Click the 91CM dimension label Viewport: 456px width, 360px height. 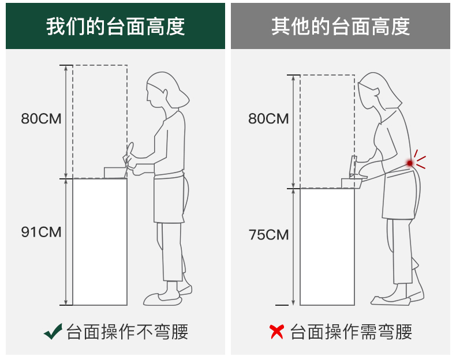[41, 232]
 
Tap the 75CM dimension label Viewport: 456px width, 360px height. [268, 235]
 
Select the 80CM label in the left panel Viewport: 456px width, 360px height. [41, 119]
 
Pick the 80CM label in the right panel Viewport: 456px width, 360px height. [268, 119]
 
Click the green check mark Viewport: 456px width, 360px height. [53, 332]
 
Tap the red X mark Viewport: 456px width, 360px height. [276, 332]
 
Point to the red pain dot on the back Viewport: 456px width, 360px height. [410, 163]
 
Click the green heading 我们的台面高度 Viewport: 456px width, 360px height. [115, 27]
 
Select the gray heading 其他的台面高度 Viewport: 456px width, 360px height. [341, 27]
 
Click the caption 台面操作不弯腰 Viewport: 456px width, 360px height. [128, 332]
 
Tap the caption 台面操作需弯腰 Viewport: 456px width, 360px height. [351, 332]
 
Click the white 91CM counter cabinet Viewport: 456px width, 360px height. [100, 242]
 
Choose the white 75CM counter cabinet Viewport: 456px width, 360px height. [327, 247]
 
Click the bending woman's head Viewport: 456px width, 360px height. [378, 91]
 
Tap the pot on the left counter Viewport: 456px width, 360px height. [115, 172]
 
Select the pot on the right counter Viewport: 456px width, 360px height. [352, 183]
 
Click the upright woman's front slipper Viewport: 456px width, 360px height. [162, 299]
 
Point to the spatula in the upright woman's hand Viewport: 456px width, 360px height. [128, 159]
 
